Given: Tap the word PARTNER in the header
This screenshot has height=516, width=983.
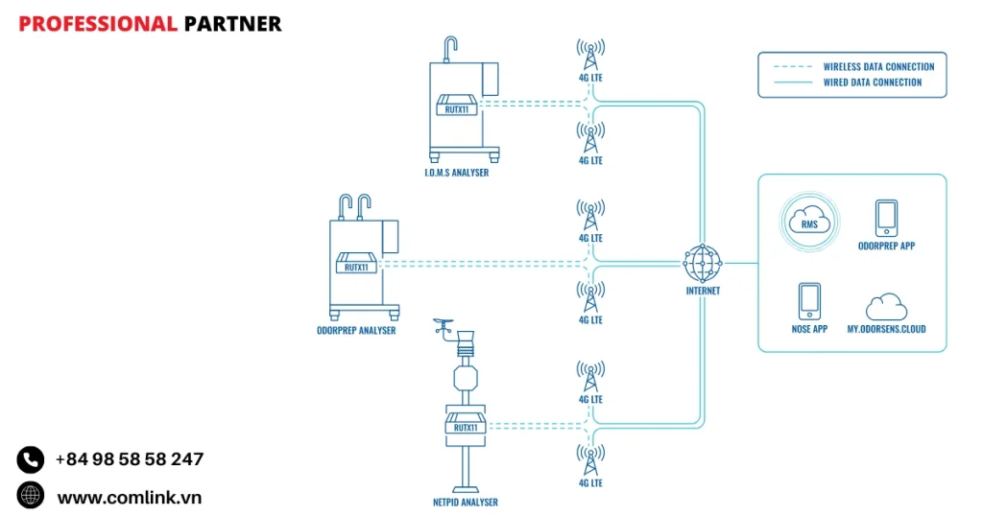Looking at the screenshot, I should tap(232, 24).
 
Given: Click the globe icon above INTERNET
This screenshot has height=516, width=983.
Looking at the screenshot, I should tap(703, 262).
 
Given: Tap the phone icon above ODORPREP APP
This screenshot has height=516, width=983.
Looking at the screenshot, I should tap(886, 218).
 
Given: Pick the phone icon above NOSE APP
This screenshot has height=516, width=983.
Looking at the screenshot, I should tap(809, 301).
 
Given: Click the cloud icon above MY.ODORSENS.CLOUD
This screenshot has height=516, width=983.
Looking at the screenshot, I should tap(886, 307).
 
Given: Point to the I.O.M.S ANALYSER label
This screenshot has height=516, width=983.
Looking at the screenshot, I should tap(458, 172).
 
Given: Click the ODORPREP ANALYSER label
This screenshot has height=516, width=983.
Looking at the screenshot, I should tap(356, 330).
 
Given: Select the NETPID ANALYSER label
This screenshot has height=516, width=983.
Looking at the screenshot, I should tap(466, 502).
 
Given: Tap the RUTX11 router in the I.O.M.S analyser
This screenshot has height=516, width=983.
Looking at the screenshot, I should tap(457, 105).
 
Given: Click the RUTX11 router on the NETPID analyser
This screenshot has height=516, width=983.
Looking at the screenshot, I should tap(467, 425).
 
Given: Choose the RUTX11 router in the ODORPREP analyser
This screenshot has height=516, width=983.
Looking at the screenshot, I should tap(356, 263).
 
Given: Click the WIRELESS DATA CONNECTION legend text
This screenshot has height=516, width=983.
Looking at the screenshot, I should tap(878, 67).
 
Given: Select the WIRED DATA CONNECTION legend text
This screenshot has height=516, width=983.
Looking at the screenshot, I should tap(872, 82).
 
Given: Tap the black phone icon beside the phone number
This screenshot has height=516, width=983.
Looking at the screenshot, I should tap(31, 459).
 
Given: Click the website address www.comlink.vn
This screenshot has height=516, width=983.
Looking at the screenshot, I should tap(129, 497).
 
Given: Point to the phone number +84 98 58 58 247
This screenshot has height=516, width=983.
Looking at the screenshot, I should tap(129, 459).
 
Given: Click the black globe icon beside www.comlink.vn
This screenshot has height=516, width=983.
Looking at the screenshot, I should tap(31, 495).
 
